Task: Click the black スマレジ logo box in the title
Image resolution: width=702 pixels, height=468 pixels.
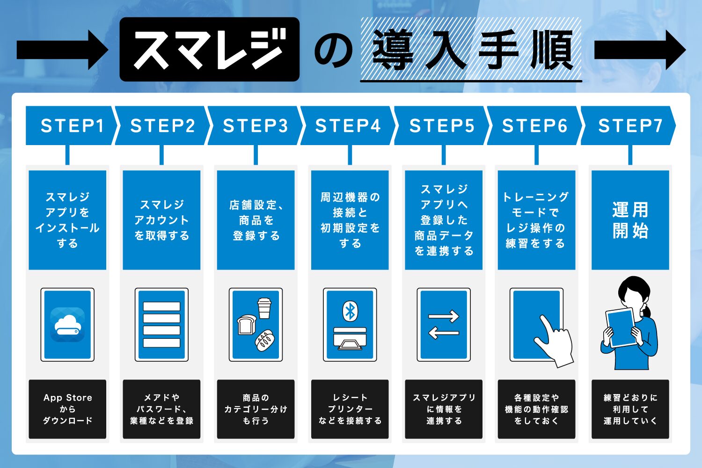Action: click(x=209, y=50)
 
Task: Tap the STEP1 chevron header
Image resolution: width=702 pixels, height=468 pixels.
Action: click(x=70, y=125)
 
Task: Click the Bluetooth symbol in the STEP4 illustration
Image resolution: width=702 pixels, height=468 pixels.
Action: click(x=350, y=311)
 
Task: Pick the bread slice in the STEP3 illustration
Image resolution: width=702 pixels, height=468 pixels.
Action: click(x=246, y=324)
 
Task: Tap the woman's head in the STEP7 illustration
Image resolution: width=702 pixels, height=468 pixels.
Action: click(x=634, y=292)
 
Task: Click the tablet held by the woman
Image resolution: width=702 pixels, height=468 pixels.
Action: click(x=621, y=328)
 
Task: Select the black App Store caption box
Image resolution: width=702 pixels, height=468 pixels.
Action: click(x=67, y=409)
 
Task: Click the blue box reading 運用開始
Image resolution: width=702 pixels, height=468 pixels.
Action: click(x=630, y=220)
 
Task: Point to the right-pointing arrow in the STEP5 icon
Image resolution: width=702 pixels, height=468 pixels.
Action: click(x=444, y=317)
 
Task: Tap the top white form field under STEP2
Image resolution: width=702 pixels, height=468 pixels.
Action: click(x=161, y=307)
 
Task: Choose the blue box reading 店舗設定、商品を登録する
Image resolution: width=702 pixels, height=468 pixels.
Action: click(x=256, y=220)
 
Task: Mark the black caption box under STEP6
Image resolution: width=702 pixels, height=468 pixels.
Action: click(x=536, y=409)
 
